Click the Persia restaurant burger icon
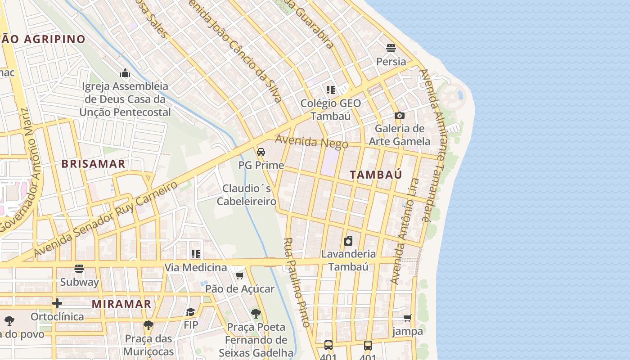pos(391,48)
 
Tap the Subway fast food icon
pos(80,269)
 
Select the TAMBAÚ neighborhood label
pos(376,175)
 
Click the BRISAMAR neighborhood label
pos(94,164)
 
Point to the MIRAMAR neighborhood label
pos(121,304)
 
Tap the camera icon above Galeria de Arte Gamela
pos(399,116)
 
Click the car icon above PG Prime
pos(261,152)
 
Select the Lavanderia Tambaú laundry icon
pos(348,241)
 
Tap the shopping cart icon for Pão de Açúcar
pos(239,275)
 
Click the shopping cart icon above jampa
pos(408,318)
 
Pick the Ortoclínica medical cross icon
pos(57,303)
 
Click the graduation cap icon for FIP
pos(191,312)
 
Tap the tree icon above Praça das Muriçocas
pos(148,325)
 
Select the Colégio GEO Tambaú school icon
pos(331,90)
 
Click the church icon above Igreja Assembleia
pos(125,73)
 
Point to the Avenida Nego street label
pos(311,142)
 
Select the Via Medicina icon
pos(195,254)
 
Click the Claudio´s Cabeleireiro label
pos(247,194)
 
